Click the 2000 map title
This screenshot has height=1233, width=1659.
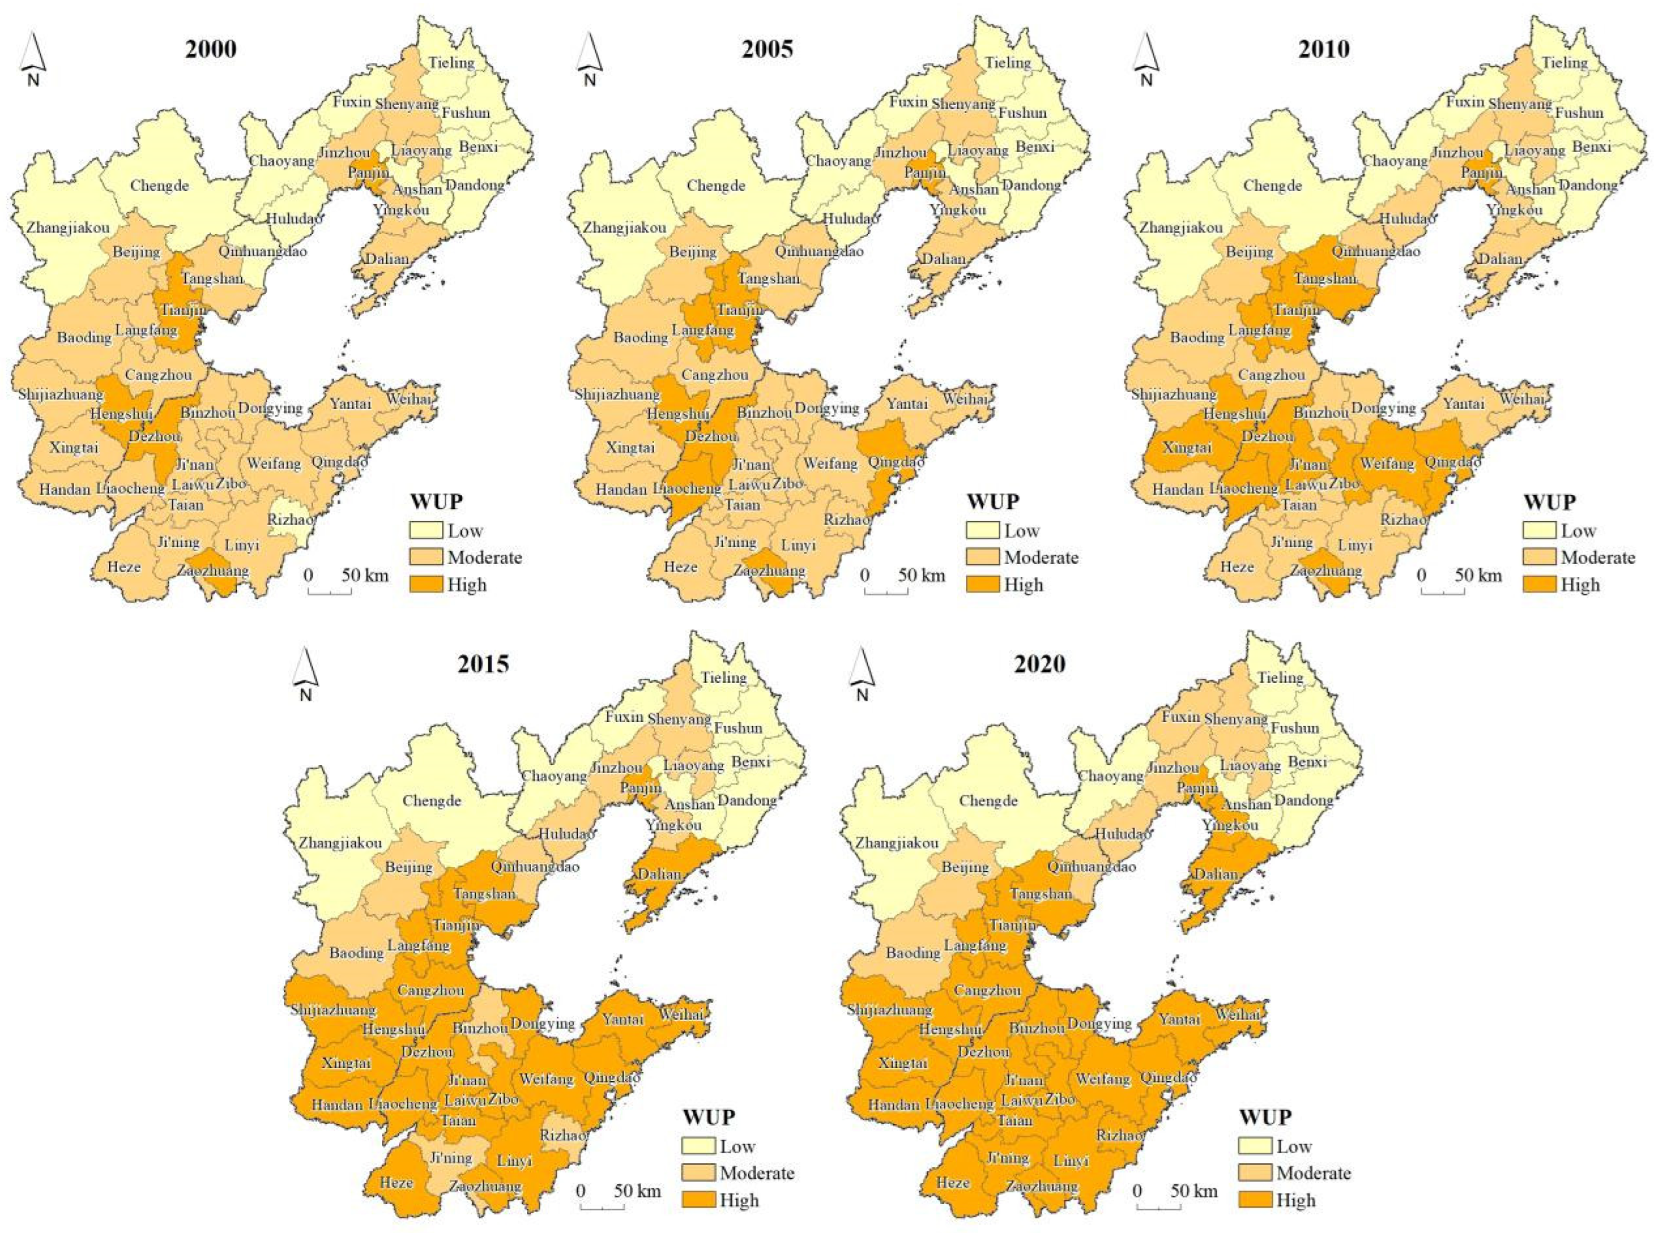(211, 49)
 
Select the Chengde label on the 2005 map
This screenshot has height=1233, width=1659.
(716, 186)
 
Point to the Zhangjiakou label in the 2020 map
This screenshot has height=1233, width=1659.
(897, 844)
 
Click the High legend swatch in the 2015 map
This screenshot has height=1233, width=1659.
(698, 1200)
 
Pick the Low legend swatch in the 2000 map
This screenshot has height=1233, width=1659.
(426, 531)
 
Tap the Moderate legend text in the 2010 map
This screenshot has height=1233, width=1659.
(1598, 558)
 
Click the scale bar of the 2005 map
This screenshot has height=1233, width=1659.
(886, 592)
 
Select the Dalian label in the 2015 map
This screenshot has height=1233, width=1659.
(659, 874)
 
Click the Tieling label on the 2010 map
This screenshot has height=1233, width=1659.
(1564, 63)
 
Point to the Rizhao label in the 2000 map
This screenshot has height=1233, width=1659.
(291, 520)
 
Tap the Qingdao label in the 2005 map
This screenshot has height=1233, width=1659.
(896, 462)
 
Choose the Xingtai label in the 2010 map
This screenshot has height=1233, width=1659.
(1187, 448)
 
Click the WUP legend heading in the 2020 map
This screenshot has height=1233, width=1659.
(1267, 1117)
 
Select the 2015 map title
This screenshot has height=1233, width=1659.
(484, 664)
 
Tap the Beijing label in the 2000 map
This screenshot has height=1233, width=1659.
(137, 252)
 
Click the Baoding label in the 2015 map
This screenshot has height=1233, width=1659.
(356, 953)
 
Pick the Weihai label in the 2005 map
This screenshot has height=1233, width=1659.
(965, 399)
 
